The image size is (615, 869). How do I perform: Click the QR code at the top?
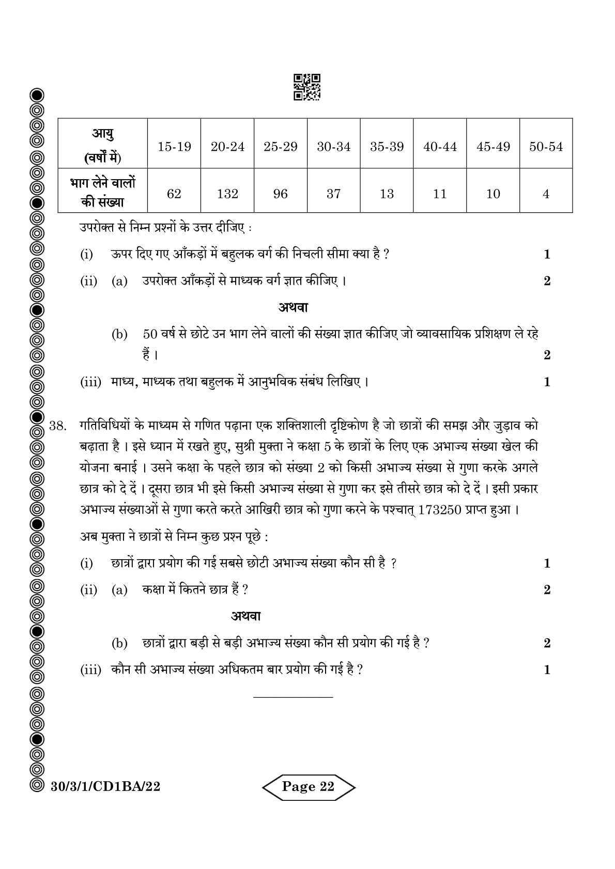click(x=307, y=87)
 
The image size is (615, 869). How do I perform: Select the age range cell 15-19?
click(x=174, y=147)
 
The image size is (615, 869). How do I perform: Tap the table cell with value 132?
click(x=227, y=194)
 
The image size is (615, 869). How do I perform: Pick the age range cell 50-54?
click(x=546, y=147)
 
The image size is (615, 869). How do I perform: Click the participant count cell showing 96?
click(x=281, y=194)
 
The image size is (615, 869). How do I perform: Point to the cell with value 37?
click(x=334, y=194)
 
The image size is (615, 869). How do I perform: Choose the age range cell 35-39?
click(x=387, y=147)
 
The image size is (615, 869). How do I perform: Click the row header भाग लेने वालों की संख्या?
click(x=103, y=192)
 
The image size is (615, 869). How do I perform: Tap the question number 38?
click(x=58, y=426)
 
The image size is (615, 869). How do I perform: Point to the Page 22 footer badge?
click(x=309, y=786)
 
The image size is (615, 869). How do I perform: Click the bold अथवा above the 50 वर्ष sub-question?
click(x=293, y=308)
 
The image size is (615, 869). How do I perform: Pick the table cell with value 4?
click(x=546, y=194)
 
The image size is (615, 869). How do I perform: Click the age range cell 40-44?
click(x=440, y=147)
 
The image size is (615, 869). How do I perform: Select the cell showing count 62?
click(x=174, y=194)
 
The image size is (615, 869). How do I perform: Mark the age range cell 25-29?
click(x=281, y=147)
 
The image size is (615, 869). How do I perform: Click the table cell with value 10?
click(x=493, y=194)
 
